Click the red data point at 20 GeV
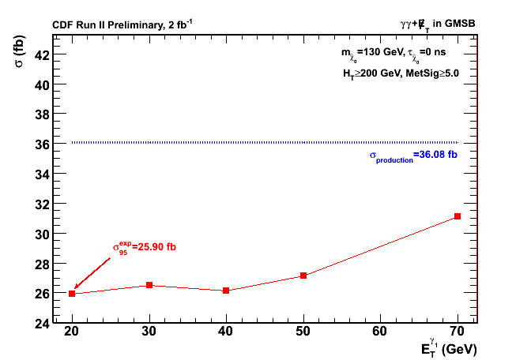[72, 294]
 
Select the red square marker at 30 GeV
[149, 285]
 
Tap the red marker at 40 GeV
[226, 291]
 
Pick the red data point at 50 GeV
[303, 276]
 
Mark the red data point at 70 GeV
[458, 216]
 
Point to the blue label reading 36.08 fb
[413, 156]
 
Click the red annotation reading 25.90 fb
[144, 247]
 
